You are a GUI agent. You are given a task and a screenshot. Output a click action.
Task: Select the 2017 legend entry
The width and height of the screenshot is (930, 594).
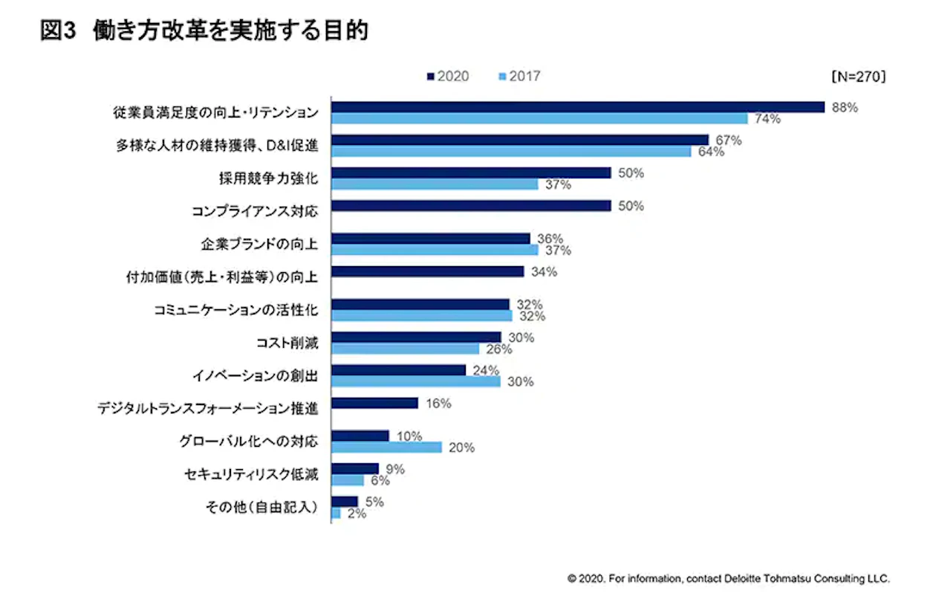(519, 76)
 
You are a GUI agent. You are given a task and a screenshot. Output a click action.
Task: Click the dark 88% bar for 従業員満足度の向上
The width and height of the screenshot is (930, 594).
(578, 107)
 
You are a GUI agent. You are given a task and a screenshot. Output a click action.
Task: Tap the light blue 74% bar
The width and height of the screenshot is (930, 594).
(539, 118)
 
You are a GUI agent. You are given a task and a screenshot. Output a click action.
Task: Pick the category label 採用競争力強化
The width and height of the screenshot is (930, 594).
(264, 178)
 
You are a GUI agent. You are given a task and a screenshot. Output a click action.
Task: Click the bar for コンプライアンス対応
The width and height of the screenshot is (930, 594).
(471, 206)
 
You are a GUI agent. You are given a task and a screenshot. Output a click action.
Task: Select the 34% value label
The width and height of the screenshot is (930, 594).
(544, 271)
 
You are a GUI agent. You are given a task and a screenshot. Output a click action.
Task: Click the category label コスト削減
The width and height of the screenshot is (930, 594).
(286, 343)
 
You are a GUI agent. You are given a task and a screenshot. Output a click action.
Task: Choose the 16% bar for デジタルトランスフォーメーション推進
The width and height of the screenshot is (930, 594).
(375, 403)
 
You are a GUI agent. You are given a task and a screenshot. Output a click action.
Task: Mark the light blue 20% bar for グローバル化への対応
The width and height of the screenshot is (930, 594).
(386, 447)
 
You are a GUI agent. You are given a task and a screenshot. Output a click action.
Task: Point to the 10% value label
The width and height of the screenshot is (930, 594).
(409, 436)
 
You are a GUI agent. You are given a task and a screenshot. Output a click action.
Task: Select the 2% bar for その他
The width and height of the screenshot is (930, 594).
(336, 513)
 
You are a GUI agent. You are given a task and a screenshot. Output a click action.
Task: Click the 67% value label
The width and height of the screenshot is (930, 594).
(729, 140)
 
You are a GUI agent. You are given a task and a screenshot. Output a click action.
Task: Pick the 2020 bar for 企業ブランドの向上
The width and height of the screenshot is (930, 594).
(431, 239)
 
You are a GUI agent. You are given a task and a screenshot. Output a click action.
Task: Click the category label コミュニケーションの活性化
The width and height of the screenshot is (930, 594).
(231, 310)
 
